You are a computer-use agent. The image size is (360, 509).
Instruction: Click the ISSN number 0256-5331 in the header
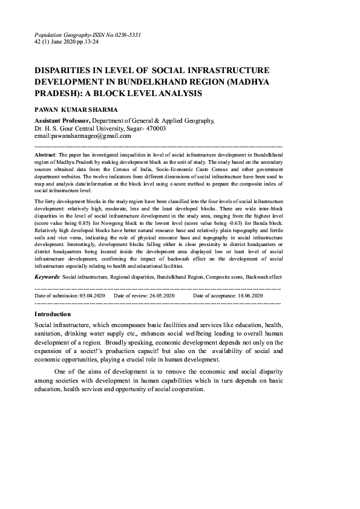(125, 35)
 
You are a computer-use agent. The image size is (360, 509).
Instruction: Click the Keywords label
(47, 276)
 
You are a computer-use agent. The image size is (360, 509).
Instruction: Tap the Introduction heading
(53, 314)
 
